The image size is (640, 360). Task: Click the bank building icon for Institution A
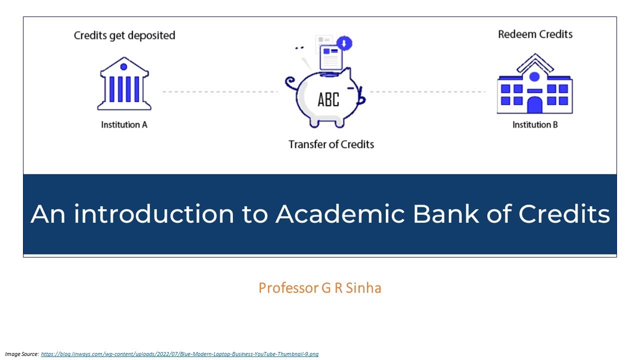tap(124, 84)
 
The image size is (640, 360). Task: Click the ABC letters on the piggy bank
tap(328, 99)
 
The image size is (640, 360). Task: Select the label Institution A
tap(124, 124)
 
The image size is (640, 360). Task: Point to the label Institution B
tap(535, 124)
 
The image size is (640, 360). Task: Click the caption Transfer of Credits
tap(331, 144)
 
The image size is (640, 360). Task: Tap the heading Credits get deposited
tap(124, 35)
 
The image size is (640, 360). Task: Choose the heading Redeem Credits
tap(535, 34)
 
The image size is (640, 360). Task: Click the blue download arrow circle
tap(344, 43)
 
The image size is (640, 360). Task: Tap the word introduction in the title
tap(154, 214)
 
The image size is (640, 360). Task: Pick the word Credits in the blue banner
tap(564, 214)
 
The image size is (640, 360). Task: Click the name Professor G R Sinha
tap(320, 288)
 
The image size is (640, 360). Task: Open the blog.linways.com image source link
tap(179, 354)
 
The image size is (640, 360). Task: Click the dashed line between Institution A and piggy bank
tap(220, 92)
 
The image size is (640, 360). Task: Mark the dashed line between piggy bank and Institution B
tap(427, 92)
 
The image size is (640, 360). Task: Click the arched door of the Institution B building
tap(534, 105)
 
